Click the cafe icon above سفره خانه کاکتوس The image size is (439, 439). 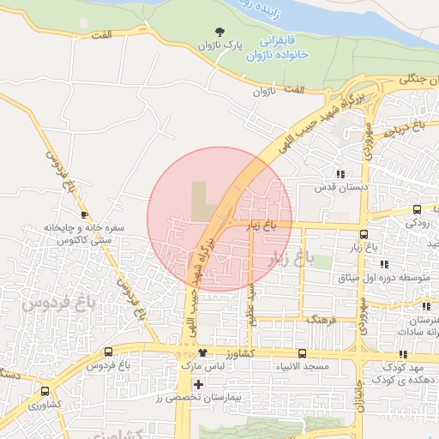[x=84, y=213]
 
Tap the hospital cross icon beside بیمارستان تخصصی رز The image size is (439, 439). [x=199, y=383]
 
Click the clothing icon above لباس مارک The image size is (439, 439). [x=202, y=352]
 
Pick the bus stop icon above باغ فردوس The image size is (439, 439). [x=108, y=352]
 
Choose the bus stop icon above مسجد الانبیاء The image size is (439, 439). [x=302, y=353]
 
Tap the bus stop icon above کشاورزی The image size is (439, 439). [x=45, y=391]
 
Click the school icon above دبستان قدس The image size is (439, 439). [x=340, y=174]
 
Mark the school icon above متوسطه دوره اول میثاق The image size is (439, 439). [x=383, y=264]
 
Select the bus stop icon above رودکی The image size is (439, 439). [x=417, y=209]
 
